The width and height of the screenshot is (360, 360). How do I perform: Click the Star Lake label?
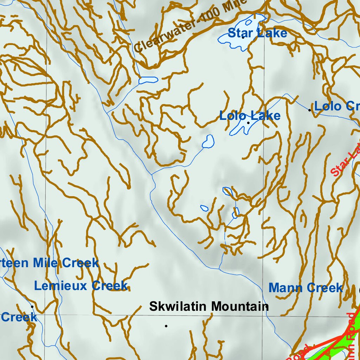257,33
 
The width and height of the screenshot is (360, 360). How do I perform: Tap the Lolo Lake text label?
250,116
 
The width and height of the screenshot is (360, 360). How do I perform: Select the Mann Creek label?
306,288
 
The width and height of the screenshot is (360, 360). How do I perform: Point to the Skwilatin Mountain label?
209,306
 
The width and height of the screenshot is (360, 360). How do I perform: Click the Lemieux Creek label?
81,286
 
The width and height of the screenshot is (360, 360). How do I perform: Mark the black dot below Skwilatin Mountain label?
166,326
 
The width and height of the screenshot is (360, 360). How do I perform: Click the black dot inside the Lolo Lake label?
248,123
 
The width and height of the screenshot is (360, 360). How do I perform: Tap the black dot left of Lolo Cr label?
309,110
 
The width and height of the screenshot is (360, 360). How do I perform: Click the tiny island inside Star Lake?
249,22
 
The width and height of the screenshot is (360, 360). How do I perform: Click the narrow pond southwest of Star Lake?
148,81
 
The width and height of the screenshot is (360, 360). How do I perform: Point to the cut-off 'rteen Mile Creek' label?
49,263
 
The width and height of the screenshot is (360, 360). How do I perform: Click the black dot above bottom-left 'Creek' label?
32,306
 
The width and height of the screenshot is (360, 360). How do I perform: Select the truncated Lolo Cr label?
336,106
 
